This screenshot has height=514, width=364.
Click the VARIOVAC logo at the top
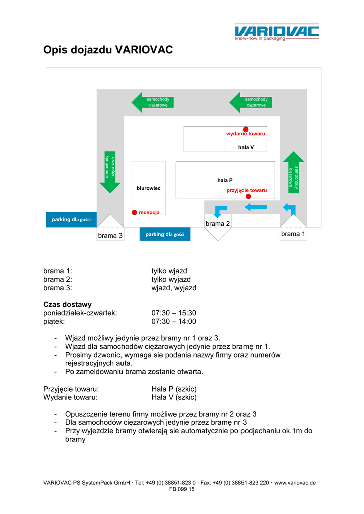277,31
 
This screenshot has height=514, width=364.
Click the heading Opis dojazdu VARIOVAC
108,50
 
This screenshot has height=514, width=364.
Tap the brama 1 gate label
293,234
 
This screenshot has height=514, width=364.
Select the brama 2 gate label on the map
218,223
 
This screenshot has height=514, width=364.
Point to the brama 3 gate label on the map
110,235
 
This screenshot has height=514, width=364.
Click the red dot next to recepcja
134,212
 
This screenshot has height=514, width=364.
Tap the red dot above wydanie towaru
246,129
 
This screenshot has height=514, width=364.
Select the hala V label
246,147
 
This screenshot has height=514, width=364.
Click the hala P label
225,179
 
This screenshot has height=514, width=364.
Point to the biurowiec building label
148,188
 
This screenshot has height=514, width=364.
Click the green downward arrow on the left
110,172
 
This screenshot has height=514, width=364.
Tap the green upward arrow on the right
294,171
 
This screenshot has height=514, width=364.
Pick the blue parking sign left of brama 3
71,219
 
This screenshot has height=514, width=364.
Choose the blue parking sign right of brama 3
165,234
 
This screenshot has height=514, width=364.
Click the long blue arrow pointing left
256,207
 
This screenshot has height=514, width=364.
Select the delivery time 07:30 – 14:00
174,322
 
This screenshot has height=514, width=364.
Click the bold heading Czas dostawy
67,304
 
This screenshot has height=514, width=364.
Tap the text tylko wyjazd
171,280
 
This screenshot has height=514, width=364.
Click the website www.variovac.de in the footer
295,483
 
